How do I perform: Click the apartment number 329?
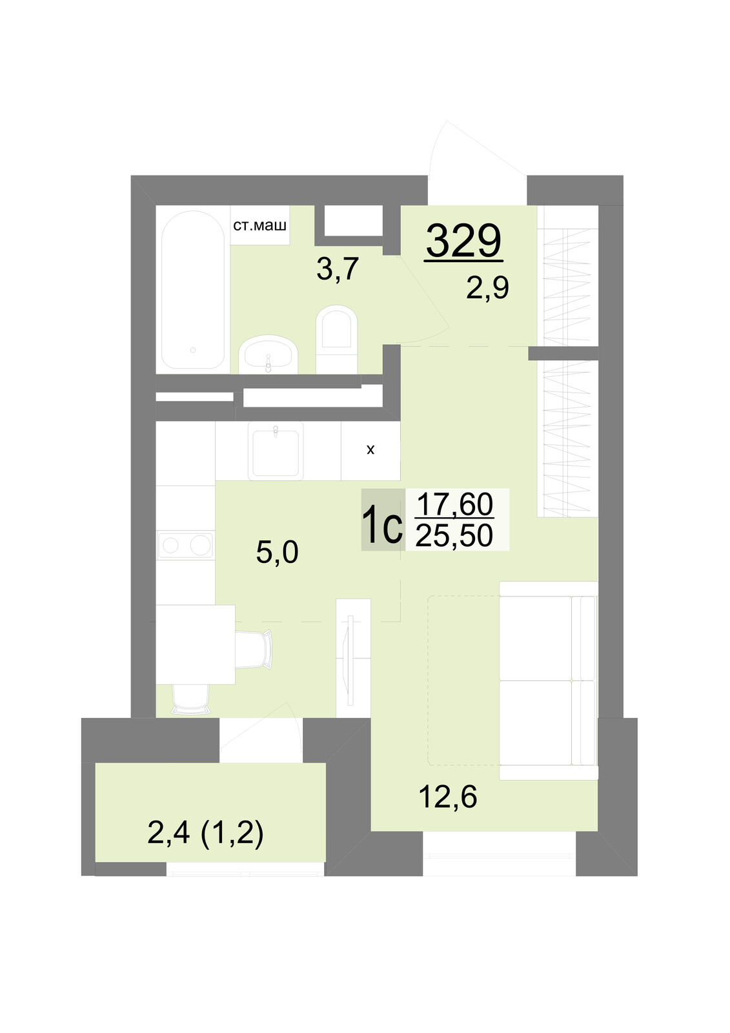point(463,240)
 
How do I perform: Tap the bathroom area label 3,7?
point(338,269)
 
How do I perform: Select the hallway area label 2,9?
point(487,288)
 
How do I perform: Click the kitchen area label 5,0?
point(277,552)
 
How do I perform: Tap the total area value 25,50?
point(454,535)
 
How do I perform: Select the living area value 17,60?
point(454,504)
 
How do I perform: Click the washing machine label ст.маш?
point(259,225)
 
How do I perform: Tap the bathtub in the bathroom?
point(193,290)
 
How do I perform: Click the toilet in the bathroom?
point(337,340)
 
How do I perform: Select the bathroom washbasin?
point(268,354)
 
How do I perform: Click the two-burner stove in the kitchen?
point(185,545)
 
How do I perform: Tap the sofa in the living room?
point(549,680)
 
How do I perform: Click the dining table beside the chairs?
point(196,645)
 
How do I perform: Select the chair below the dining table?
point(190,700)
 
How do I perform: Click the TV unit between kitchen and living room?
point(353,658)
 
